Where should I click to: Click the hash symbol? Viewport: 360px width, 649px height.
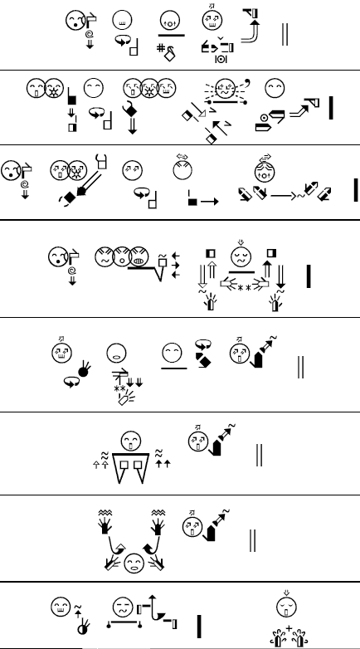click(160, 48)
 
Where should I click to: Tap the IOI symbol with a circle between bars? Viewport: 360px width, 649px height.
click(221, 59)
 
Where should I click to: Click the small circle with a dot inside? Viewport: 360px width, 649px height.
click(264, 119)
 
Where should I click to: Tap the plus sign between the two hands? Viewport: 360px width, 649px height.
click(289, 630)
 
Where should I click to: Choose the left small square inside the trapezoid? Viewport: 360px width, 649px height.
click(124, 465)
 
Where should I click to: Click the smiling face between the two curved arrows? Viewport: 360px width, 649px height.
click(134, 564)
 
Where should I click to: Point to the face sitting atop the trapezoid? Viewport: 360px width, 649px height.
click(131, 442)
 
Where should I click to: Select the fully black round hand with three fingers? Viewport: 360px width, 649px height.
click(85, 368)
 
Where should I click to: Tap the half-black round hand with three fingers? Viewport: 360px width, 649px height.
click(83, 627)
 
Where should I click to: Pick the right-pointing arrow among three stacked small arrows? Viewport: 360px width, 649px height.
click(176, 265)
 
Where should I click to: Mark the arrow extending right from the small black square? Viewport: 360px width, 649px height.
click(209, 202)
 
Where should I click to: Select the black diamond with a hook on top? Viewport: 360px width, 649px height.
click(129, 109)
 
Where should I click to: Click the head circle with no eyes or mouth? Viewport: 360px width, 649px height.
click(182, 169)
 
